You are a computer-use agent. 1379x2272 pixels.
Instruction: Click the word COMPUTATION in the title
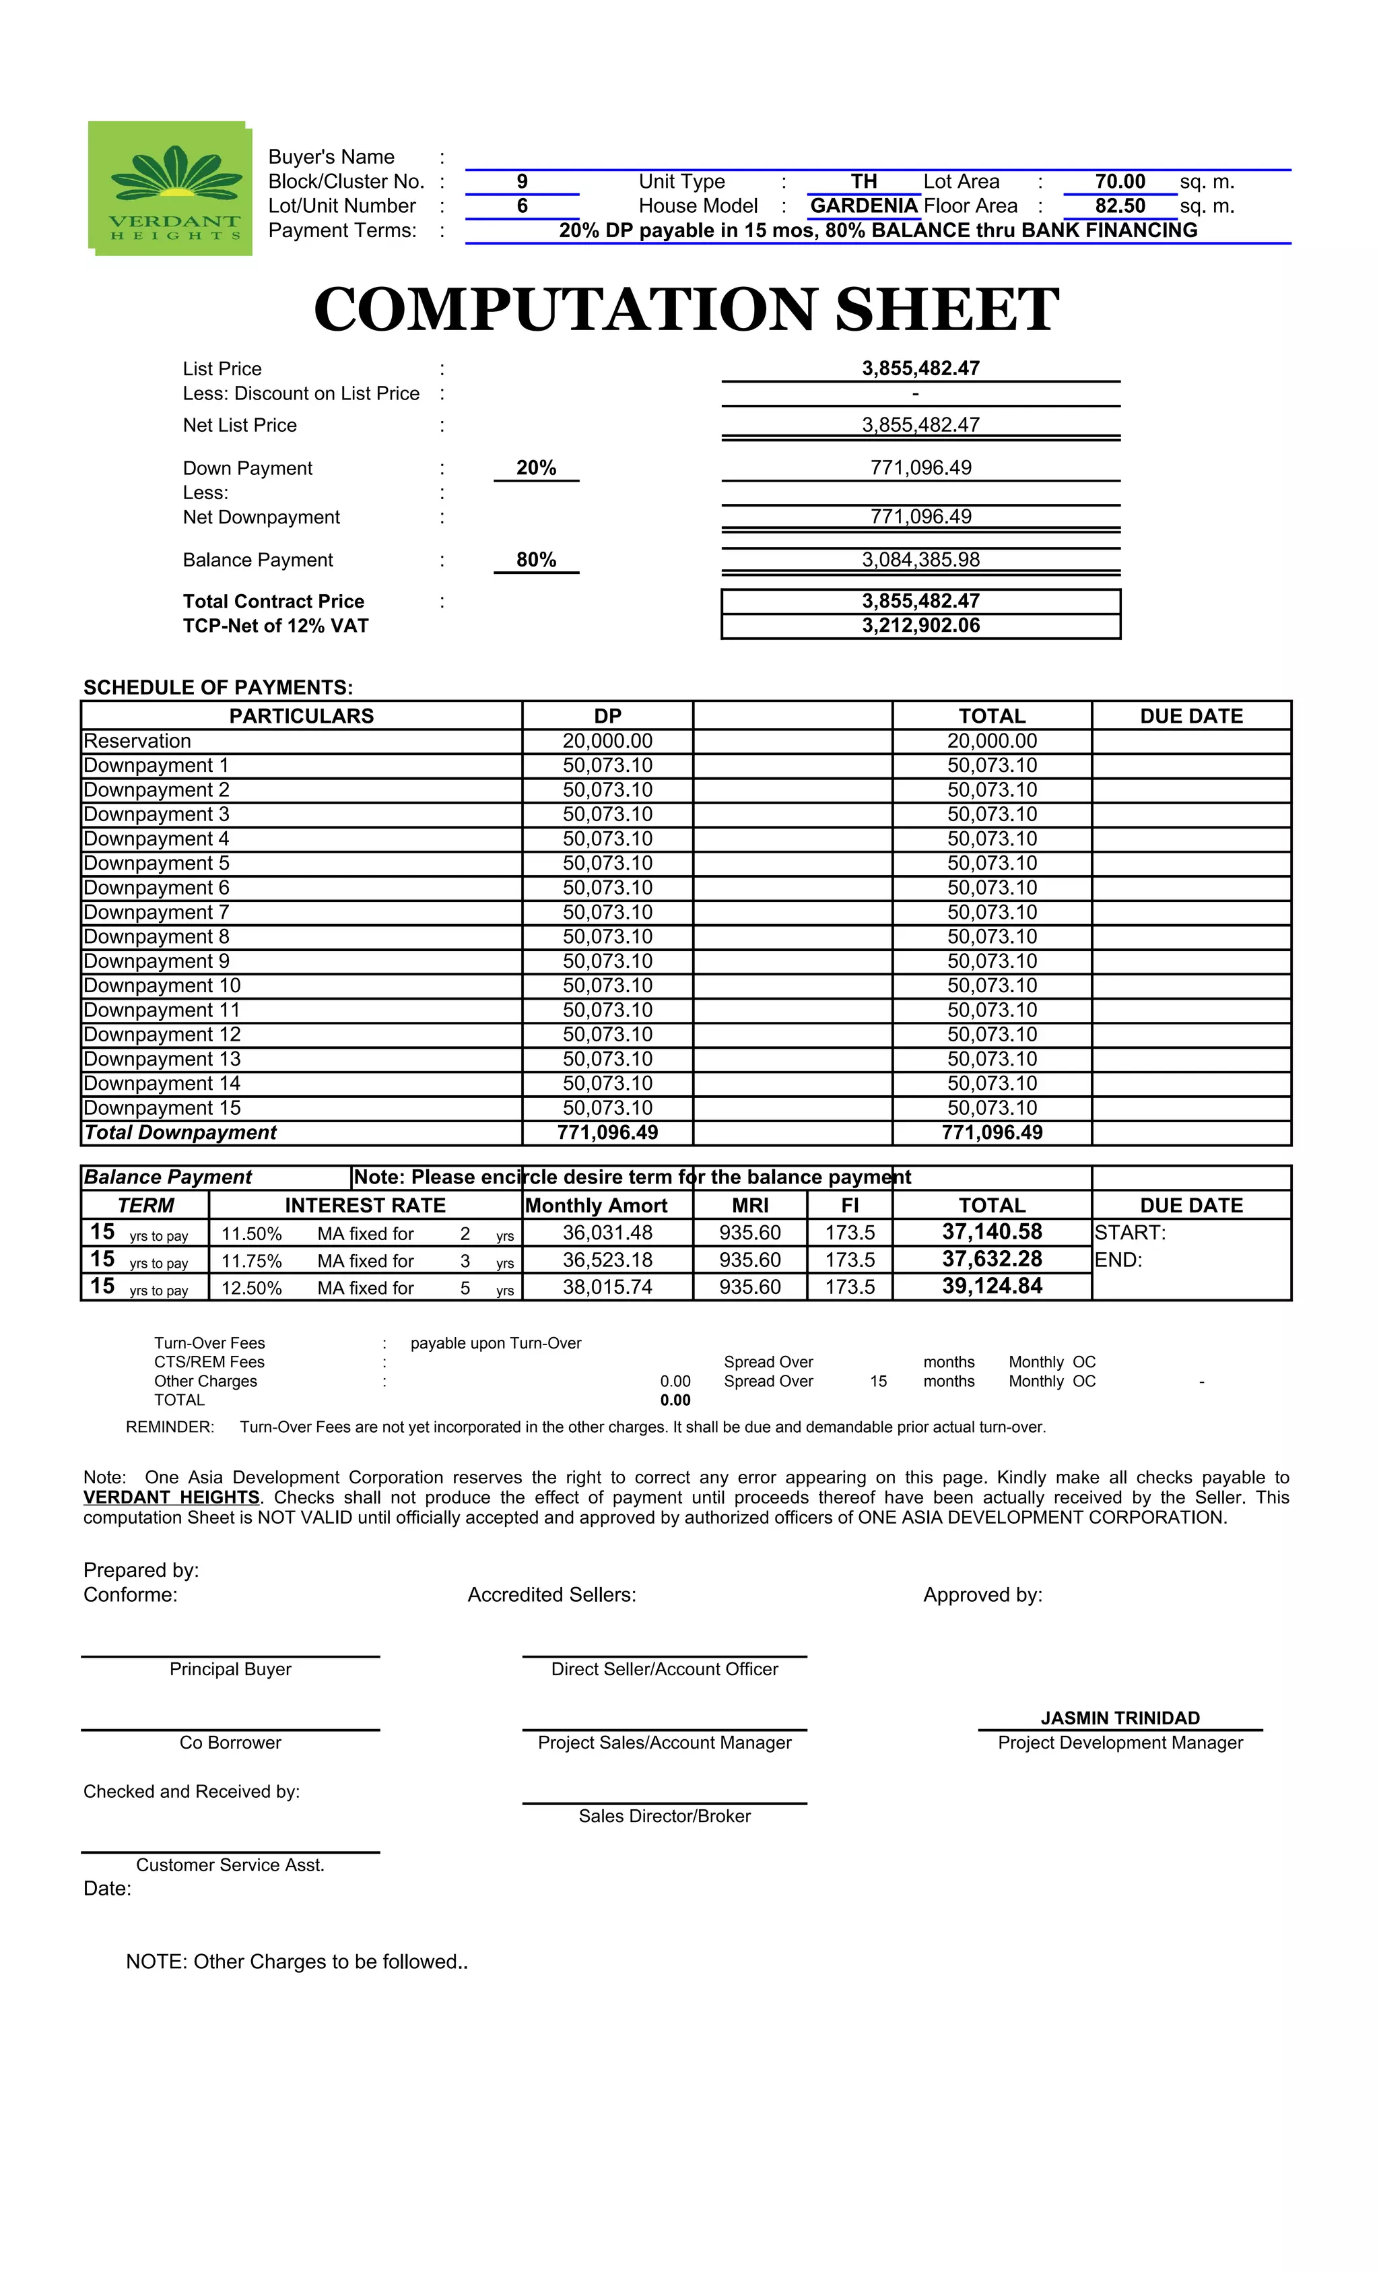564,310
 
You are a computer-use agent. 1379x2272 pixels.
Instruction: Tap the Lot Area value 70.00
1119,182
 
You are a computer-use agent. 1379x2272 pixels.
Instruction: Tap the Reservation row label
137,742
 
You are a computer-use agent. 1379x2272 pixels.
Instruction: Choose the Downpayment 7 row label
156,912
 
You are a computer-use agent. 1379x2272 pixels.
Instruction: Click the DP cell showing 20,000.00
607,742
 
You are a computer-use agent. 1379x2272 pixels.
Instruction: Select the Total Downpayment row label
180,1132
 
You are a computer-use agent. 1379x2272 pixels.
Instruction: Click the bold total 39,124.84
991,1287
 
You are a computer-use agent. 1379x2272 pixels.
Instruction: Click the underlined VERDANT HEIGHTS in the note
172,1497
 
